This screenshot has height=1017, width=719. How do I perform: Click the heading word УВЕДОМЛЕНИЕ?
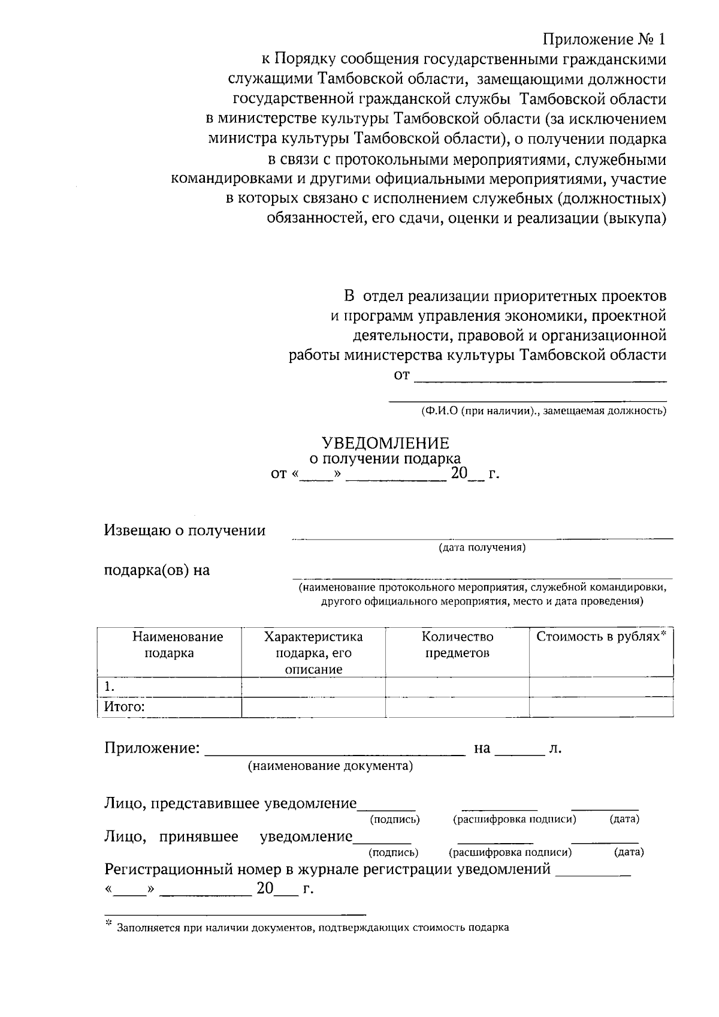[x=385, y=443]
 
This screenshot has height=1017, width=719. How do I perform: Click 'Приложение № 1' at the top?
[x=604, y=40]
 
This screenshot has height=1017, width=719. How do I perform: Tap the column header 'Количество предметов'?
[x=457, y=645]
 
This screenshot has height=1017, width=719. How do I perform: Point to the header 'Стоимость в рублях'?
[x=600, y=637]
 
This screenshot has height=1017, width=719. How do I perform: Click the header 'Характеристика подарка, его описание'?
[x=313, y=652]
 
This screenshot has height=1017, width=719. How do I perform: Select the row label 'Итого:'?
[x=125, y=707]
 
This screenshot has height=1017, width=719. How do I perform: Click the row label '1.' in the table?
[x=110, y=687]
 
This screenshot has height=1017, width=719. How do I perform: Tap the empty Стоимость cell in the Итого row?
[x=600, y=707]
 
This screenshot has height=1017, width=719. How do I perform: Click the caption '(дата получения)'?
[x=482, y=547]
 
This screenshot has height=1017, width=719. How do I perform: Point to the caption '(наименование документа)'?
[x=331, y=766]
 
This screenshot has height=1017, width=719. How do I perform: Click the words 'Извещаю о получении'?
[x=185, y=530]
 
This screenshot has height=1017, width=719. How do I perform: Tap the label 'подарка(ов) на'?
[x=157, y=570]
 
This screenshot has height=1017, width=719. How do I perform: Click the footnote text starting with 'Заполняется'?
[x=313, y=928]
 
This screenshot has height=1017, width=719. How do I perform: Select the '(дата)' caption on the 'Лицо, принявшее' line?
[x=629, y=852]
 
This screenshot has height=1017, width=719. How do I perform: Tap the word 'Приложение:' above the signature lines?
[x=152, y=748]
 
